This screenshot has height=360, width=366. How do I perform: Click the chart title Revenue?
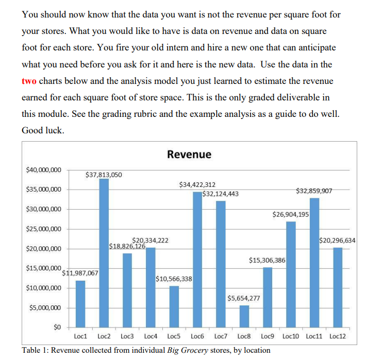(189, 155)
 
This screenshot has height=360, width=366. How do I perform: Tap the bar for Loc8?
(244, 316)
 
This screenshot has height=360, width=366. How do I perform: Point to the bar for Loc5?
(174, 306)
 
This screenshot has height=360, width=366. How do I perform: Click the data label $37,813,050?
(104, 175)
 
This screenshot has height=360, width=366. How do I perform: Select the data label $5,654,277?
(243, 298)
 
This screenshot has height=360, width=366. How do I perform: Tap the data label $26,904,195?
(290, 214)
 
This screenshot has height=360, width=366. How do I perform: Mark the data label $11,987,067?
(80, 273)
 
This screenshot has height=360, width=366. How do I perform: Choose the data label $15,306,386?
(267, 260)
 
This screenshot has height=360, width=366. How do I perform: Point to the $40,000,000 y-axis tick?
(43, 169)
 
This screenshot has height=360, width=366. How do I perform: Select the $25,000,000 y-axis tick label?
(43, 229)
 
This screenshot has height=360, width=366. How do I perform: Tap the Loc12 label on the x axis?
(337, 336)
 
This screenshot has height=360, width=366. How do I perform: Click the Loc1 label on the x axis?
(80, 336)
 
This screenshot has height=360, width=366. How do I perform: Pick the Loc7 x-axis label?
(220, 336)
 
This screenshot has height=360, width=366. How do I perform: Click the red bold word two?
(29, 81)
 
